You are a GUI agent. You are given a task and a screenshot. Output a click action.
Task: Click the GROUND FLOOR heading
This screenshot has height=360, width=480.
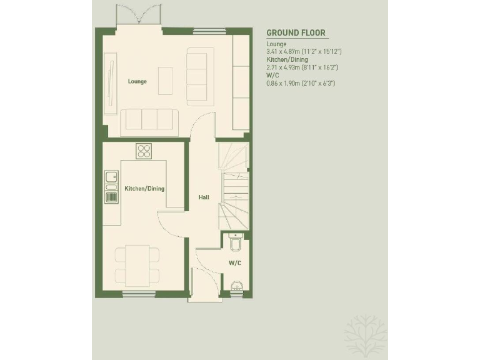296,33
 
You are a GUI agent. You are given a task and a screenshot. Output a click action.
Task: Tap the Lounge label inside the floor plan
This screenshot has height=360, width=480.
137,81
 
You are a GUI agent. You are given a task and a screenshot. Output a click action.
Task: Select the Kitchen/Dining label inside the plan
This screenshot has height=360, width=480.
144,188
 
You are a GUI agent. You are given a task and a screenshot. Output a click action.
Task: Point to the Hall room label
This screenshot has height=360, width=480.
204,197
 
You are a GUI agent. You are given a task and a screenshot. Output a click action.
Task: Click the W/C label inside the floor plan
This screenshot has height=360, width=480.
235,263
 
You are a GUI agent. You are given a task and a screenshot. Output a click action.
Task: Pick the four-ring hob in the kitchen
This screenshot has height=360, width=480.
145,151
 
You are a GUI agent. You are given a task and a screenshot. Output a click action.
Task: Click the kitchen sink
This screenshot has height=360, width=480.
111,180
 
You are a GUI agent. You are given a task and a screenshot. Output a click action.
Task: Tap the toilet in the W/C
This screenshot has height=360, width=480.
236,241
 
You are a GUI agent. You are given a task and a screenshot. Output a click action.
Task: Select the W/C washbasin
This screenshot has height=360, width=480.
236,287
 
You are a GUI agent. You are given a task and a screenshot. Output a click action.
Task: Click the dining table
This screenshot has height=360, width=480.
137,265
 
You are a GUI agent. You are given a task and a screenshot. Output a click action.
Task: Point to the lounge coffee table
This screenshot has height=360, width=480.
165,81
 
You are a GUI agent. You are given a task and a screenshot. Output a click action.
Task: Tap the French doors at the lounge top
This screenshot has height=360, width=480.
139,16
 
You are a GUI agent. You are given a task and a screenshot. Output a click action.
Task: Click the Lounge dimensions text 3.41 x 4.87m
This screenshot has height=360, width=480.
312,52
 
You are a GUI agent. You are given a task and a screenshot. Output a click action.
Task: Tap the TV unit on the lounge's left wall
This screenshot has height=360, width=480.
111,82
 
